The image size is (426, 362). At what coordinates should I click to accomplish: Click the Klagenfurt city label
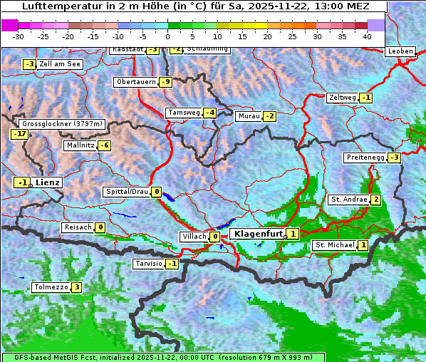tap(257, 233)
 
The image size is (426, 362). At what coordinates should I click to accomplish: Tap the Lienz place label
tap(48, 182)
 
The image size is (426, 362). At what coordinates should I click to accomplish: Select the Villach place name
tap(193, 237)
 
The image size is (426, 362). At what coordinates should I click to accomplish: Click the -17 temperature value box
tap(19, 134)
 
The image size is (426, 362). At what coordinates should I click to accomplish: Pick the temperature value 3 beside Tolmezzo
tap(76, 287)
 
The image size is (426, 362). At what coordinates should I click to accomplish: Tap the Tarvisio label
tap(149, 264)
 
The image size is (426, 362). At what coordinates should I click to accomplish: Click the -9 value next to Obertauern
tap(166, 82)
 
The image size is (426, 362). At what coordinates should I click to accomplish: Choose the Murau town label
tap(249, 116)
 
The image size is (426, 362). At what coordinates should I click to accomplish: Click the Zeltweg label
tap(342, 98)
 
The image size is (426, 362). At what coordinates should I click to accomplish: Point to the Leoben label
tap(400, 51)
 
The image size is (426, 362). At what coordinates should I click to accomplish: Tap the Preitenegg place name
tap(365, 157)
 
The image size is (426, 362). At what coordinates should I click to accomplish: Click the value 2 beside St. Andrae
tap(375, 200)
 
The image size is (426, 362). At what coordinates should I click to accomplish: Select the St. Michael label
tap(335, 245)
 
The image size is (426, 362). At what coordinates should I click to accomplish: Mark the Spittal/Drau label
tap(127, 192)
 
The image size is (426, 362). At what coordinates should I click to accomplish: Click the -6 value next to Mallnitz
tap(104, 145)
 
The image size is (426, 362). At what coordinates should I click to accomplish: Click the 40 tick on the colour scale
tap(367, 36)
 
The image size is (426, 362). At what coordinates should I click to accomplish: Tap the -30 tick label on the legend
tap(19, 36)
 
